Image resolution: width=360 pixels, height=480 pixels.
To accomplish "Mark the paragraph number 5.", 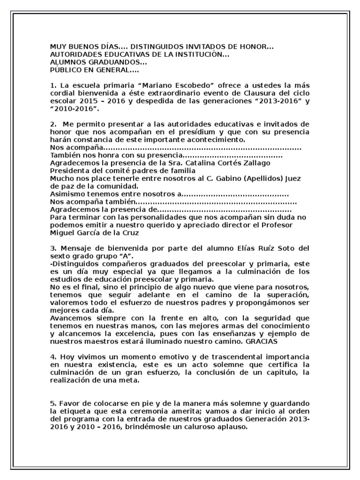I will pyautogui.click(x=53, y=404).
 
